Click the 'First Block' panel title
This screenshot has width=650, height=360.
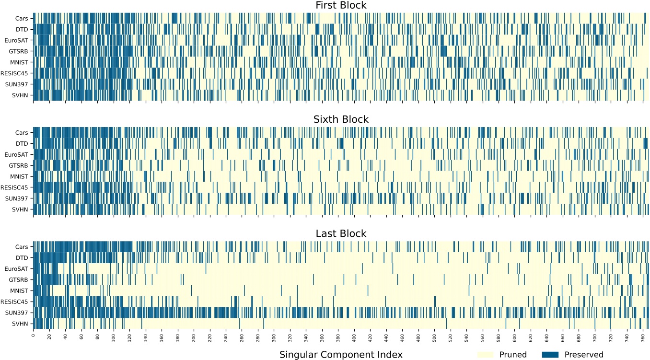pyautogui.click(x=341, y=5)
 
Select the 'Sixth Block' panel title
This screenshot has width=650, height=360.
pyautogui.click(x=341, y=119)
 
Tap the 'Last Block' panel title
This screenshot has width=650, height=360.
pyautogui.click(x=341, y=234)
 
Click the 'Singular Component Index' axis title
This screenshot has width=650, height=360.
pyautogui.click(x=341, y=354)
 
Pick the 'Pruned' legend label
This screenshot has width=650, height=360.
pyautogui.click(x=513, y=355)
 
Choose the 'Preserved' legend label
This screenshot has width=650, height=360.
pyautogui.click(x=584, y=355)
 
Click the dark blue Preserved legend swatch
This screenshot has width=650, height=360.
pyautogui.click(x=550, y=355)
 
